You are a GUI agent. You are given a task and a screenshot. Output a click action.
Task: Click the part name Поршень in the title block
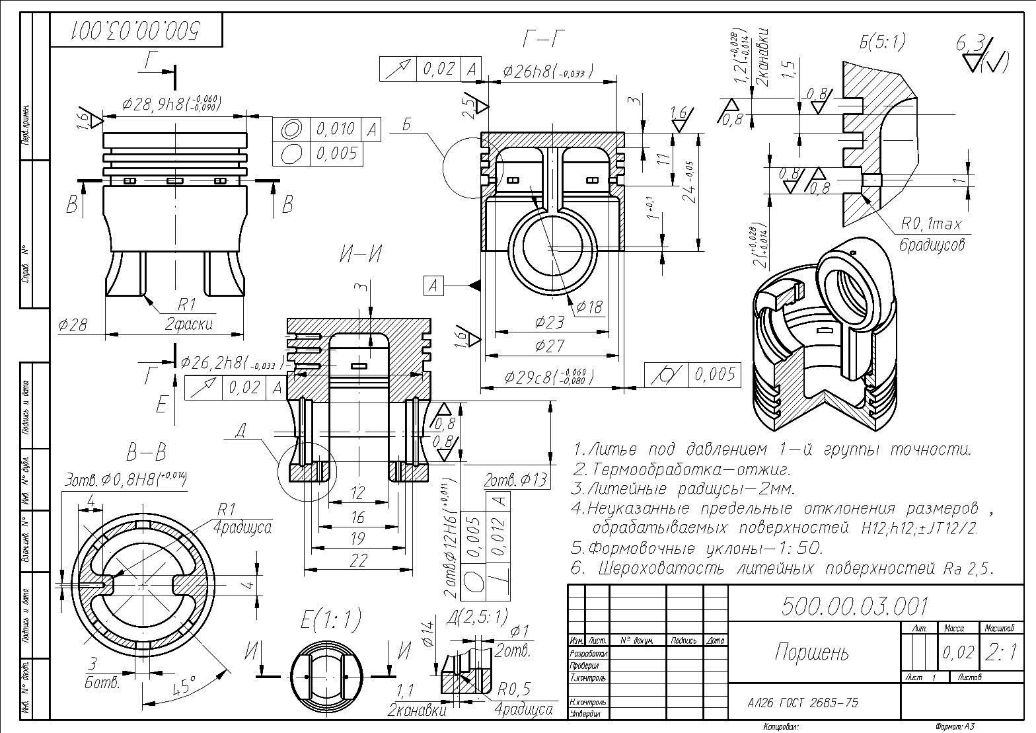pyautogui.click(x=812, y=652)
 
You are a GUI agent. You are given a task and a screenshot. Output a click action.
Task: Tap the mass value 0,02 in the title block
pyautogui.click(x=958, y=652)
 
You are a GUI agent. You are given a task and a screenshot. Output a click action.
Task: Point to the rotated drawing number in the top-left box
pyautogui.click(x=137, y=30)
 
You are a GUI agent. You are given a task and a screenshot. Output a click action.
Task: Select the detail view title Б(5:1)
pyautogui.click(x=882, y=42)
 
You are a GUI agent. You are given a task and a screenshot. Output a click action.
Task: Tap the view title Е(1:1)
pyautogui.click(x=330, y=620)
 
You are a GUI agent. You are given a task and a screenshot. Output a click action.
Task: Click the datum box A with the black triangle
pyautogui.click(x=433, y=286)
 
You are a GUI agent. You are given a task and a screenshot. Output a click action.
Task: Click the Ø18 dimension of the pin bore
pyautogui.click(x=589, y=306)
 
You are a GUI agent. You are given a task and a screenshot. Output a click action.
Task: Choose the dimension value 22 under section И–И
pyautogui.click(x=357, y=560)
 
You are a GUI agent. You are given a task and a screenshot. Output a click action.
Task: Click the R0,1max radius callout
pyautogui.click(x=930, y=225)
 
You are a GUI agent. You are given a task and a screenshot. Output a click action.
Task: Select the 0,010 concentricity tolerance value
pyautogui.click(x=336, y=128)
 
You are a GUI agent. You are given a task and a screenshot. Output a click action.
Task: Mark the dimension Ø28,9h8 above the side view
pyautogui.click(x=170, y=104)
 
